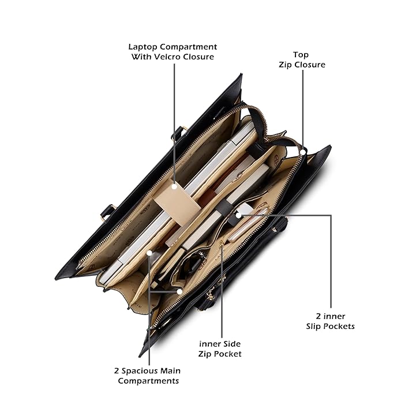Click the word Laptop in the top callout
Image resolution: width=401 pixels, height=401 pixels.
(143, 47)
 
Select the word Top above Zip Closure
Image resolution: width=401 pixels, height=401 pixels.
(301, 55)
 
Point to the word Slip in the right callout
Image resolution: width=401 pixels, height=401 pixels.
(313, 327)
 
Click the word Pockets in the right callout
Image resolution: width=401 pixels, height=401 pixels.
(339, 327)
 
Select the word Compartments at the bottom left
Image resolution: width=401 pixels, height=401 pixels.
(148, 381)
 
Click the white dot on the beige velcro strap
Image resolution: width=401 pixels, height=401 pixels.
(174, 187)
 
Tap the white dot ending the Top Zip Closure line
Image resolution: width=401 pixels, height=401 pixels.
(303, 152)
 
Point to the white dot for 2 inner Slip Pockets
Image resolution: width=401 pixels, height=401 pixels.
(238, 216)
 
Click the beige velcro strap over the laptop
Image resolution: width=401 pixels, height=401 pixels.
(177, 202)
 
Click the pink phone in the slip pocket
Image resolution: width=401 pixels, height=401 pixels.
(249, 225)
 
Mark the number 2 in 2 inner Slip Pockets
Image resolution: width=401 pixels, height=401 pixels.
(318, 317)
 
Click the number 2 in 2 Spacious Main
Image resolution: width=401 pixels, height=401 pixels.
(117, 371)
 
